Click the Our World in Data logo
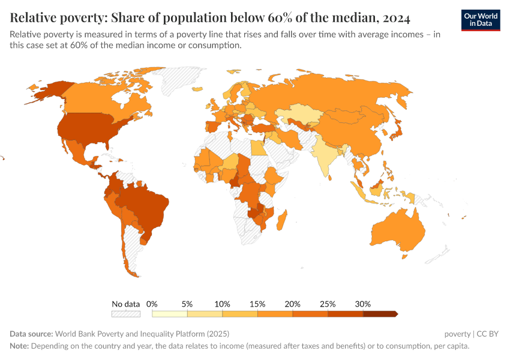[481, 20]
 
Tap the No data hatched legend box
[126, 313]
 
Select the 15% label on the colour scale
[257, 304]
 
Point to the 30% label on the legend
[363, 304]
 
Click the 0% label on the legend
[152, 304]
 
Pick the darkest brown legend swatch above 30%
[379, 313]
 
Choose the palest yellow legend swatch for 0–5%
[170, 313]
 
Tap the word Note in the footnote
[19, 346]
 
